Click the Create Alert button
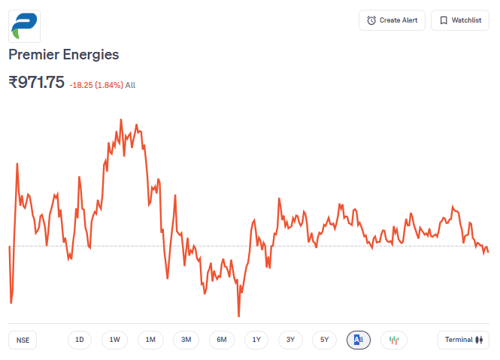pos(392,20)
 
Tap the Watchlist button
pos(459,20)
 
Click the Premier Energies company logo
pos(25,26)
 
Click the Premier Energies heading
pos(64,55)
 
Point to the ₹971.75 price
pos(36,83)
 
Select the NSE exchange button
pos(23,340)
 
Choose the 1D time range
pos(79,340)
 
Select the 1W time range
pos(114,340)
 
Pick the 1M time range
pos(150,340)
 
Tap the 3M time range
pos(186,340)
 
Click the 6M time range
pos(222,340)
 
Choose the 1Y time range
pos(256,340)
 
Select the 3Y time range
pos(290,340)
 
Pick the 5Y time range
pos(324,340)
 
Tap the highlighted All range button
pos(359,340)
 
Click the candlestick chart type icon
pos(393,340)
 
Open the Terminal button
pos(463,340)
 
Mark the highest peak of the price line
pos(121,119)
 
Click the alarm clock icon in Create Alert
pos(371,20)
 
